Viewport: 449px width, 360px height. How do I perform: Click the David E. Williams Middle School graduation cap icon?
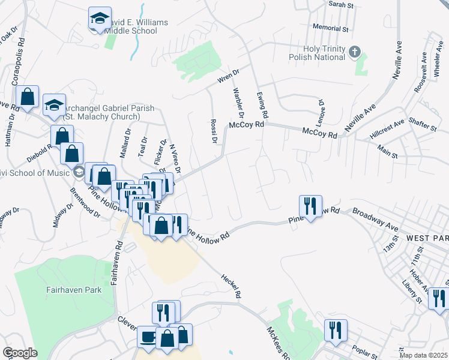click(x=100, y=18)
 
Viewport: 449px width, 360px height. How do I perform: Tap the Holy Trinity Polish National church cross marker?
click(x=354, y=52)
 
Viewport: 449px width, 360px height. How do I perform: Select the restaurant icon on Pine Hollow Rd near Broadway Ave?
click(x=310, y=206)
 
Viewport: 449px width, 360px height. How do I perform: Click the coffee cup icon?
click(x=148, y=337)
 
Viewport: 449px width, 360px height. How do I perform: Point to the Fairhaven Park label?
click(x=73, y=290)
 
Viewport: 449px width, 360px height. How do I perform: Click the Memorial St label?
click(x=331, y=28)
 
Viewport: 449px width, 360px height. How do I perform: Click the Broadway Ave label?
click(x=376, y=220)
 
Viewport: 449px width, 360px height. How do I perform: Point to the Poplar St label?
click(x=364, y=353)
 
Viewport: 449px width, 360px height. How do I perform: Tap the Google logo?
click(x=20, y=353)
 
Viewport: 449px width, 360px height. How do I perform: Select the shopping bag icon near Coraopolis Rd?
click(x=28, y=97)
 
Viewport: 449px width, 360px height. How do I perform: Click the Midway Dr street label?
click(x=63, y=214)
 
